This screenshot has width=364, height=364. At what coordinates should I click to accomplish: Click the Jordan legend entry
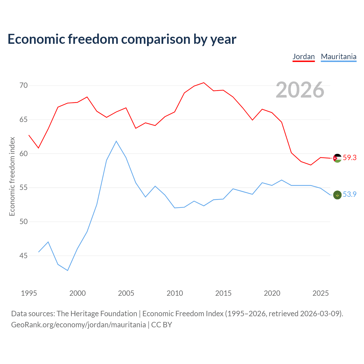303,57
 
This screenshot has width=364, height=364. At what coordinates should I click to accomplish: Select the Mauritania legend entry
338,57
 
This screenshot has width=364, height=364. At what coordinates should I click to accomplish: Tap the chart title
122,39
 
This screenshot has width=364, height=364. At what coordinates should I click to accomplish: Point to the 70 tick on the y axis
23,85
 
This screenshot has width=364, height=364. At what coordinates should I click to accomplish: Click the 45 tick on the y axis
23,256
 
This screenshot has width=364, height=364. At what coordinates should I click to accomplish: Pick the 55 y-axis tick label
23,188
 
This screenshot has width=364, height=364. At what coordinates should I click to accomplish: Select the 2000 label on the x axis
77,293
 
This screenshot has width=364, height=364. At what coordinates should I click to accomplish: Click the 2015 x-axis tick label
223,293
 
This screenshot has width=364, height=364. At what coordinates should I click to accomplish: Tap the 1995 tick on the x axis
29,293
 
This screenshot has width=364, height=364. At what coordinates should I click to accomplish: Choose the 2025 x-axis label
320,293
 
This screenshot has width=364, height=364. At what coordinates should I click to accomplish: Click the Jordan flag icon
337,158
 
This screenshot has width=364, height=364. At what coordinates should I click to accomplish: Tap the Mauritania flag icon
337,195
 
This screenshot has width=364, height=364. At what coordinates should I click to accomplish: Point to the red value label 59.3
350,158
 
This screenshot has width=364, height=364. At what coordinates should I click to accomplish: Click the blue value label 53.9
350,194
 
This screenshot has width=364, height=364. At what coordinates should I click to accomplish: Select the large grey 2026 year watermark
300,90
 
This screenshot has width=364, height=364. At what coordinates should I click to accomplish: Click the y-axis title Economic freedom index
12,176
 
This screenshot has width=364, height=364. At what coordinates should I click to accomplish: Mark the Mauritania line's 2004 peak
116,141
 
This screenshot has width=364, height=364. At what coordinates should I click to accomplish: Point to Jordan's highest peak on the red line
204,82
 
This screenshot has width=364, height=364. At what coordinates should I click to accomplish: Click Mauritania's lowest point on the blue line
68,270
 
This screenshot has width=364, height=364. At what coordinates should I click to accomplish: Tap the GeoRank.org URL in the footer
78,324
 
